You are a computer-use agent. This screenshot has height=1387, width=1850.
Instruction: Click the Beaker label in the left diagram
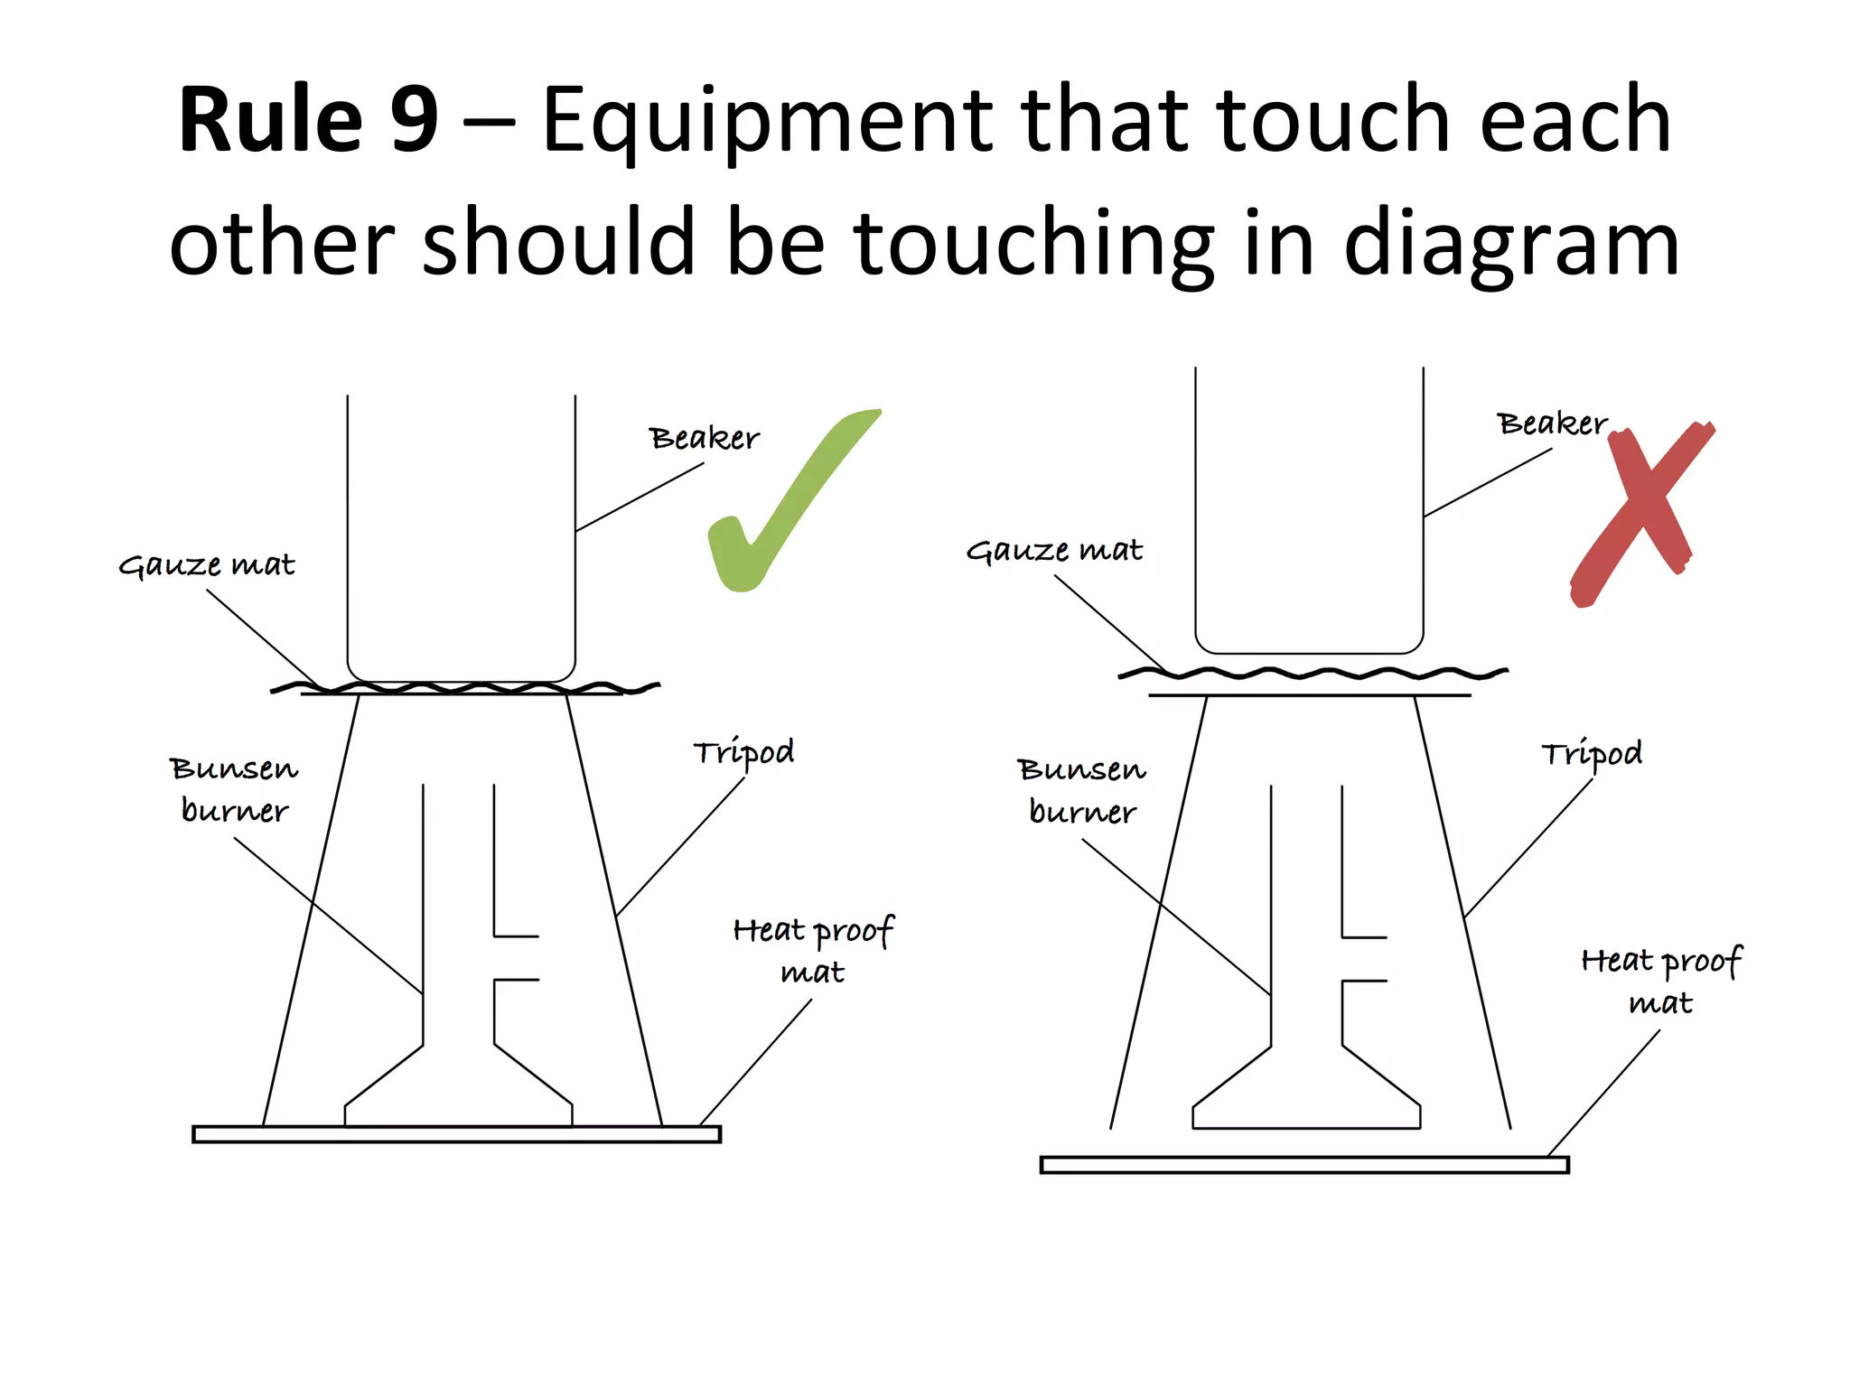point(704,439)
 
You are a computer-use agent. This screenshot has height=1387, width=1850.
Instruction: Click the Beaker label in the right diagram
point(1551,424)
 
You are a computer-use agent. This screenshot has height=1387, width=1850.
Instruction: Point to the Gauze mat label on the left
point(207,565)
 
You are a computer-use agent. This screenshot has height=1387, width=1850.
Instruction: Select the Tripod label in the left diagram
point(743,752)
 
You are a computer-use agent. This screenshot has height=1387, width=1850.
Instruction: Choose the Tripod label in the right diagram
point(1591,754)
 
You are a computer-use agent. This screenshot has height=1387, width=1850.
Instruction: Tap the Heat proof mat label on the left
point(813,950)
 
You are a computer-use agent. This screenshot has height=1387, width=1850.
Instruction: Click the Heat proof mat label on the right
point(1660,981)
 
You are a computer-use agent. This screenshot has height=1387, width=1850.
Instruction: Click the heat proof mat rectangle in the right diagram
point(1303,1165)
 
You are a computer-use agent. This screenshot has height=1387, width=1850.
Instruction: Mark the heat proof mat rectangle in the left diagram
point(456,1134)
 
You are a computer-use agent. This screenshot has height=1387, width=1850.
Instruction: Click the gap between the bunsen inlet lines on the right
point(1364,959)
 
